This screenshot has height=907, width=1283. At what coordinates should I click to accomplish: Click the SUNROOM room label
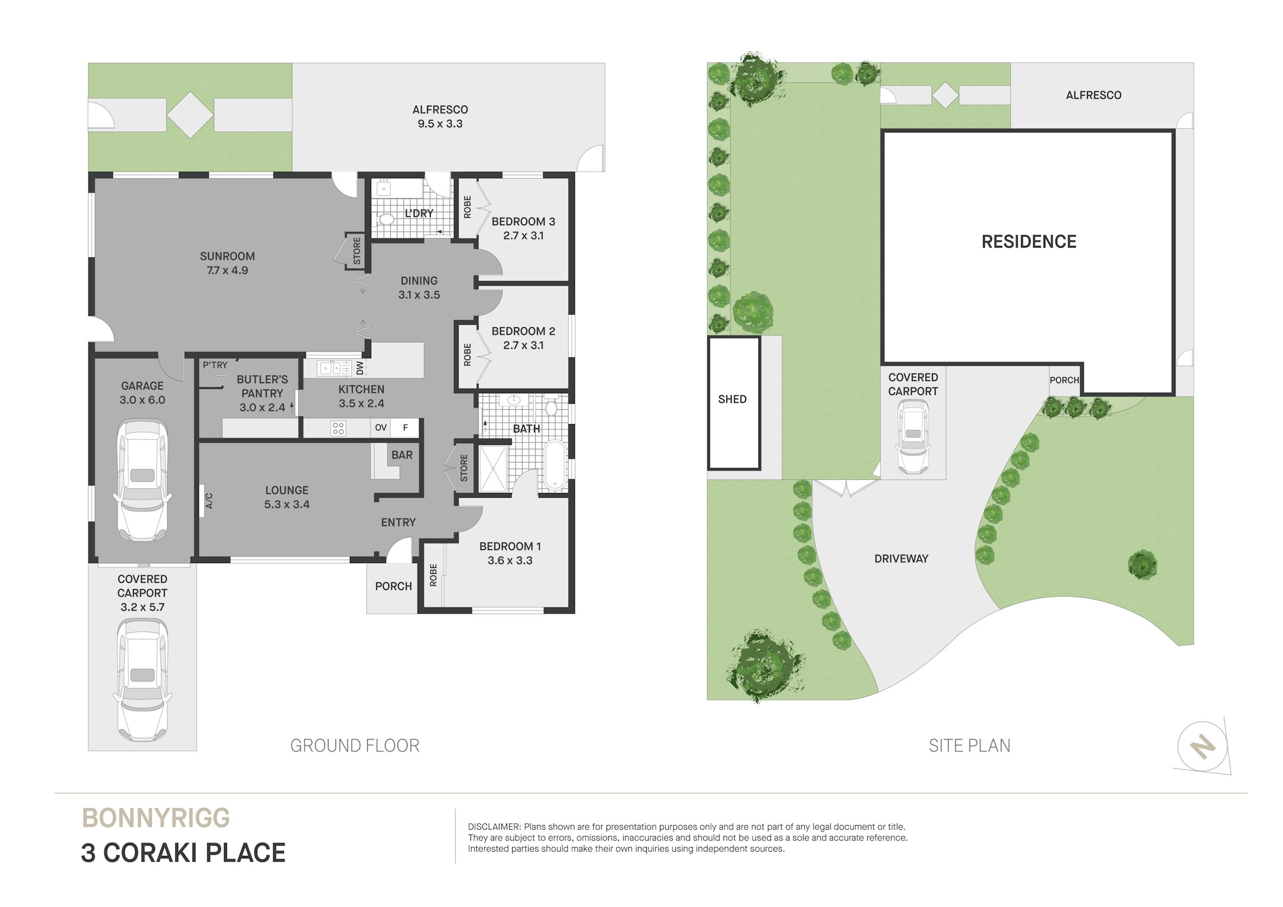[x=227, y=256]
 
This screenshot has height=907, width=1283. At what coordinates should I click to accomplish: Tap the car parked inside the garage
[x=142, y=480]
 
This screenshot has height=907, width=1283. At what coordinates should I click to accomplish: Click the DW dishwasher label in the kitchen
[x=360, y=368]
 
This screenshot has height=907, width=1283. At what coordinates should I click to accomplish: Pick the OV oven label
[x=381, y=428]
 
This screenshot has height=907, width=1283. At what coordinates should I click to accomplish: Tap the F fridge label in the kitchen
[x=406, y=428]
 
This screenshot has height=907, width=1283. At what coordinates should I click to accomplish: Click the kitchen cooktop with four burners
[x=338, y=428]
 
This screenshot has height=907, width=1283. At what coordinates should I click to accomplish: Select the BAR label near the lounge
[x=402, y=455]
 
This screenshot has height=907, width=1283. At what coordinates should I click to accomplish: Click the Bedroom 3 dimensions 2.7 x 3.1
[x=523, y=236]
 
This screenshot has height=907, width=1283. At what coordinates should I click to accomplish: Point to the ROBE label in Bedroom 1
[x=433, y=575]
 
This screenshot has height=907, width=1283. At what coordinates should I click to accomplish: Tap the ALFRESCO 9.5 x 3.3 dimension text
[x=440, y=124]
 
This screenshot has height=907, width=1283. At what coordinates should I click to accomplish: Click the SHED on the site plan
[x=734, y=403]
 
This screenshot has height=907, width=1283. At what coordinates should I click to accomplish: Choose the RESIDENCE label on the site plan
[x=1029, y=242]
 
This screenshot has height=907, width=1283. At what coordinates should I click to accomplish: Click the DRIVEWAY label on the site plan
[x=901, y=558]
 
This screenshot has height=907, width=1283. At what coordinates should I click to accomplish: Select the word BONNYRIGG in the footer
[x=156, y=818]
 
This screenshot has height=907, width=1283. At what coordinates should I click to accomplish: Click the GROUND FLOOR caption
[x=355, y=745]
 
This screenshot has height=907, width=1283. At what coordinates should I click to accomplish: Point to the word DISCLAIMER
[x=494, y=827]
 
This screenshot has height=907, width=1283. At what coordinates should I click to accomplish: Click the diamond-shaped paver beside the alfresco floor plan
[x=190, y=115]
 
